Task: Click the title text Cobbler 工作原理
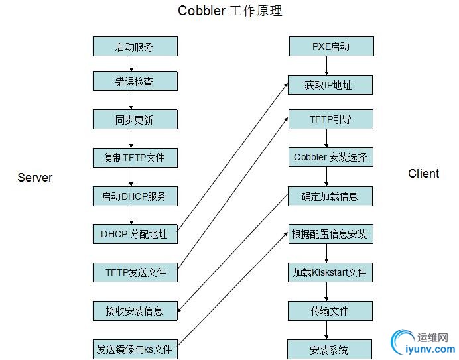225,11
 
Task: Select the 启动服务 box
135,46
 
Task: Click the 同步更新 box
135,119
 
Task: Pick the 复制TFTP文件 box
135,158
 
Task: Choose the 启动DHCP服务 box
135,196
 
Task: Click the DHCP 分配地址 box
135,234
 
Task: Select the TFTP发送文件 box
135,272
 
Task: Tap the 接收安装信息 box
135,310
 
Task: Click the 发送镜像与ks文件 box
135,349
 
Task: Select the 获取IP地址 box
329,85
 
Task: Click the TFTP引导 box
330,119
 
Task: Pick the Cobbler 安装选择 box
330,158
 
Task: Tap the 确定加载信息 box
330,196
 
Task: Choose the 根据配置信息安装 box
330,234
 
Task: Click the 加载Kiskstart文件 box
330,272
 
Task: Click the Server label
34,178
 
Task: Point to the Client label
423,174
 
